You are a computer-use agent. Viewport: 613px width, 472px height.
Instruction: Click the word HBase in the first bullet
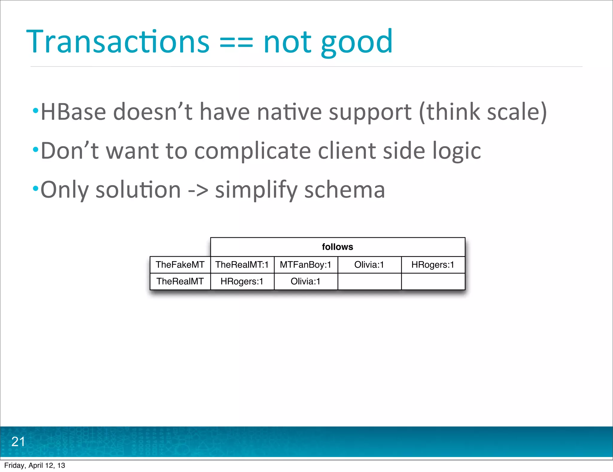73,112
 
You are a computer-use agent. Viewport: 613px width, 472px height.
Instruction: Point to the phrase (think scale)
482,112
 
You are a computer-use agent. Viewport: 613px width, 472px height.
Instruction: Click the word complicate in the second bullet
252,151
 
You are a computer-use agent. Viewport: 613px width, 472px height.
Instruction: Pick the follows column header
337,247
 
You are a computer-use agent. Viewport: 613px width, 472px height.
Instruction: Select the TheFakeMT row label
180,265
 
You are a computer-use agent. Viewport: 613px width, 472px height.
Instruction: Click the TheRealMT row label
180,281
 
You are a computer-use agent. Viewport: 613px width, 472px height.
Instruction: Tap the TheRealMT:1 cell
242,265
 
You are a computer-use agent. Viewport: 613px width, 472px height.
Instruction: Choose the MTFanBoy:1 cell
305,265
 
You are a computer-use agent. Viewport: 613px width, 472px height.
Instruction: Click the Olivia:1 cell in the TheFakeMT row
369,265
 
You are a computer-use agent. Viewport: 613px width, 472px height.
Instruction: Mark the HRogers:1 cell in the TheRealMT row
242,281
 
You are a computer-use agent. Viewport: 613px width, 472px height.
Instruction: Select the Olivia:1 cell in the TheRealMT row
305,281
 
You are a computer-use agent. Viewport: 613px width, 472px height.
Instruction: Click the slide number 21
18,442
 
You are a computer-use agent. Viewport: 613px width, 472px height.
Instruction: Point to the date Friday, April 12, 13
34,465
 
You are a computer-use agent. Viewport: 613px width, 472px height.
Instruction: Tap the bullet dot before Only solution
36,189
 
